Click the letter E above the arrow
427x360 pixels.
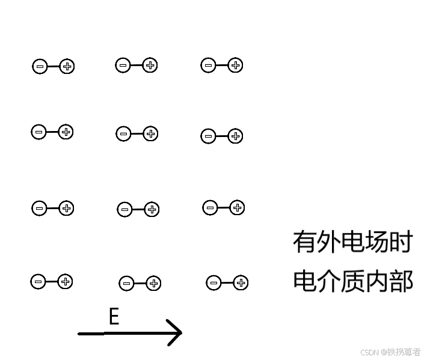114,316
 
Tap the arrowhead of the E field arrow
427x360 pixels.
175,332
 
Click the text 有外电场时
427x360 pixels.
352,242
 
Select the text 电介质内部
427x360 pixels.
352,281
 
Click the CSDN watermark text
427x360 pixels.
390,352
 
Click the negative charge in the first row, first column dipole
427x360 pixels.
40,67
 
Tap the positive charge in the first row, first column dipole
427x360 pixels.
67,67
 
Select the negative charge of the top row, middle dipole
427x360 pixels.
123,65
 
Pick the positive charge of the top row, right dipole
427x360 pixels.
235,66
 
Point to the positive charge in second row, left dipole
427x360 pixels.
66,132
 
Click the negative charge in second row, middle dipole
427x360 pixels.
123,134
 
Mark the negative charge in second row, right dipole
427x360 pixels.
208,136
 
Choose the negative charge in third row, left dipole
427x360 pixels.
39,209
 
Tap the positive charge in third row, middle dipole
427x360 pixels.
152,209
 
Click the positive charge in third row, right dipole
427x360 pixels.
237,208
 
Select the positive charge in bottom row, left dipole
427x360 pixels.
66,281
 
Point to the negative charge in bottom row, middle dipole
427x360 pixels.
126,284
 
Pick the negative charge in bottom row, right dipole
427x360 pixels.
213,282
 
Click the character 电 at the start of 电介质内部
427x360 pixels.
305,281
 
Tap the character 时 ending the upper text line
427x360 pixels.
402,242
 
